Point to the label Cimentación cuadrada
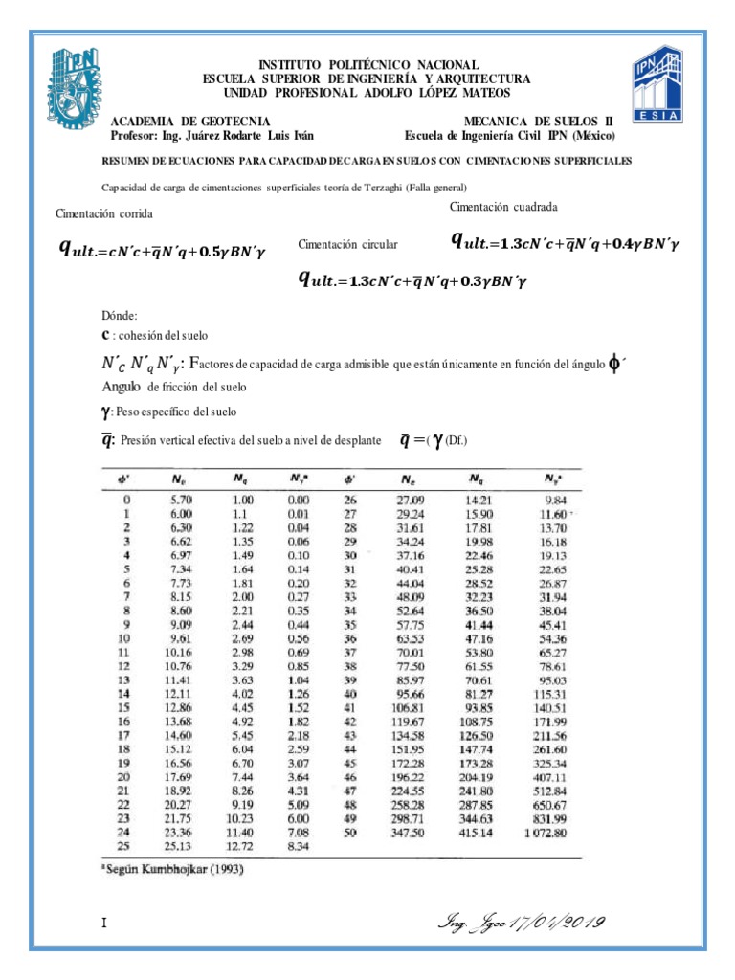coord(502,207)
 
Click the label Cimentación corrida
coord(104,214)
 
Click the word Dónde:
coord(120,316)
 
